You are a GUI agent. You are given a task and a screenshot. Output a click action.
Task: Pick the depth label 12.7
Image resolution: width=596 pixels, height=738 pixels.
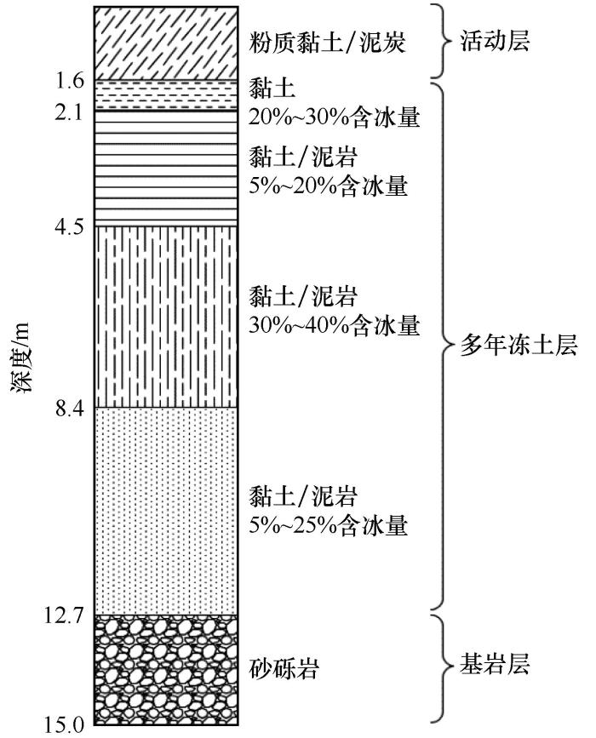[65, 615]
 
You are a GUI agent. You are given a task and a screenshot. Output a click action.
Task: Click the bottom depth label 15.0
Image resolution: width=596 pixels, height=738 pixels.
[65, 725]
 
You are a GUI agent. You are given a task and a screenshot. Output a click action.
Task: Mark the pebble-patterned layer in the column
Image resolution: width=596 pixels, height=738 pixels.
[165, 668]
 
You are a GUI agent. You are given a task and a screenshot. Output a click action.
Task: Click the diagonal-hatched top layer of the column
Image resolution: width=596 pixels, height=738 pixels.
[165, 42]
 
